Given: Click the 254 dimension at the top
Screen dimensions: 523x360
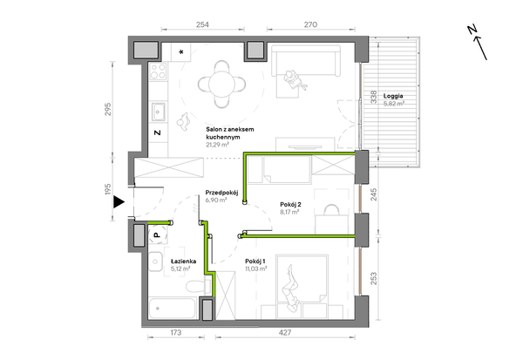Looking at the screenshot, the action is click(x=202, y=24).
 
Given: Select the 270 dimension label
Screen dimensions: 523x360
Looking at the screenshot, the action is click(x=310, y=24).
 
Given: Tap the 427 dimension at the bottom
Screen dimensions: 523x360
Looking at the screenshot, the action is click(x=285, y=332).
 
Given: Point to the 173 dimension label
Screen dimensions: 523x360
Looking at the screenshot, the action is click(x=176, y=332).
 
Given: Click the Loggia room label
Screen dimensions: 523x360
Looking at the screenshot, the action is click(x=393, y=96).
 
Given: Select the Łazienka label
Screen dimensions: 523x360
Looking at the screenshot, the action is click(x=183, y=262).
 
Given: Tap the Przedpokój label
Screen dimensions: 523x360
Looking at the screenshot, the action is click(x=221, y=193).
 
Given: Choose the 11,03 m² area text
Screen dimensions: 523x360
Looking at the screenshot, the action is click(x=255, y=268).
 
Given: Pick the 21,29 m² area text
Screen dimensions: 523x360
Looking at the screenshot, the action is click(x=217, y=145).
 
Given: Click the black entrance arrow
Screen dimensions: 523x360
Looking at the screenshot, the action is click(x=119, y=202).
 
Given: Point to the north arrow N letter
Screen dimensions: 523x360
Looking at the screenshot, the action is click(x=472, y=30).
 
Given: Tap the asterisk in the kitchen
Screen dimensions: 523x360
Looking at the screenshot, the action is click(x=181, y=52).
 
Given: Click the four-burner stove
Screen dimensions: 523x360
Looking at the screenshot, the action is click(x=158, y=71).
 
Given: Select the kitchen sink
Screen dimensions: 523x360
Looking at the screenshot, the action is click(x=159, y=112).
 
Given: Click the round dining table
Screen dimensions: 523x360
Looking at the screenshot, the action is click(x=221, y=84).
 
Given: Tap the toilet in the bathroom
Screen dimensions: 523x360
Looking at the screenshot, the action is click(x=198, y=286).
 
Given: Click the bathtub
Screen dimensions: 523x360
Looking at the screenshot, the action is click(x=172, y=309).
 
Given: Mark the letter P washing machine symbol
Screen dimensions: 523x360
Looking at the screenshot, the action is click(x=158, y=234).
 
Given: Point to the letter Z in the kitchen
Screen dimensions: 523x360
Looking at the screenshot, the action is click(x=158, y=132).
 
